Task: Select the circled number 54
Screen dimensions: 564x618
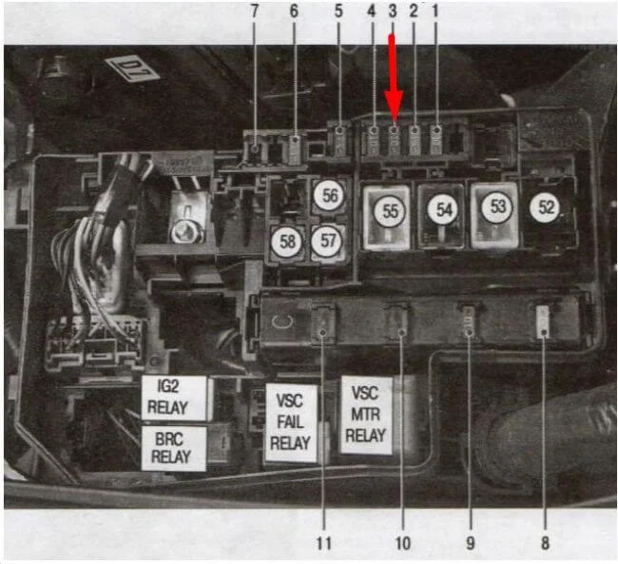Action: pos(441,209)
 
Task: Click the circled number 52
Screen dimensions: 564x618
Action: pos(545,208)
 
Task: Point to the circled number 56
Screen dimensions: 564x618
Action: pos(329,196)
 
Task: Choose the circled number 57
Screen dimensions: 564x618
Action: pos(328,242)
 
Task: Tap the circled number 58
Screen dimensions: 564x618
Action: pos(286,242)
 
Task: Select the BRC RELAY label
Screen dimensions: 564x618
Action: pos(173,447)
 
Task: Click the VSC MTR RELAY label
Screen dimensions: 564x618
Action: pos(366,415)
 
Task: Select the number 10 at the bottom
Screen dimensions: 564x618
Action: pos(401,543)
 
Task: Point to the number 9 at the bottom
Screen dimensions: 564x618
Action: pos(469,543)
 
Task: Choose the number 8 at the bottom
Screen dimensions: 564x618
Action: pos(543,543)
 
